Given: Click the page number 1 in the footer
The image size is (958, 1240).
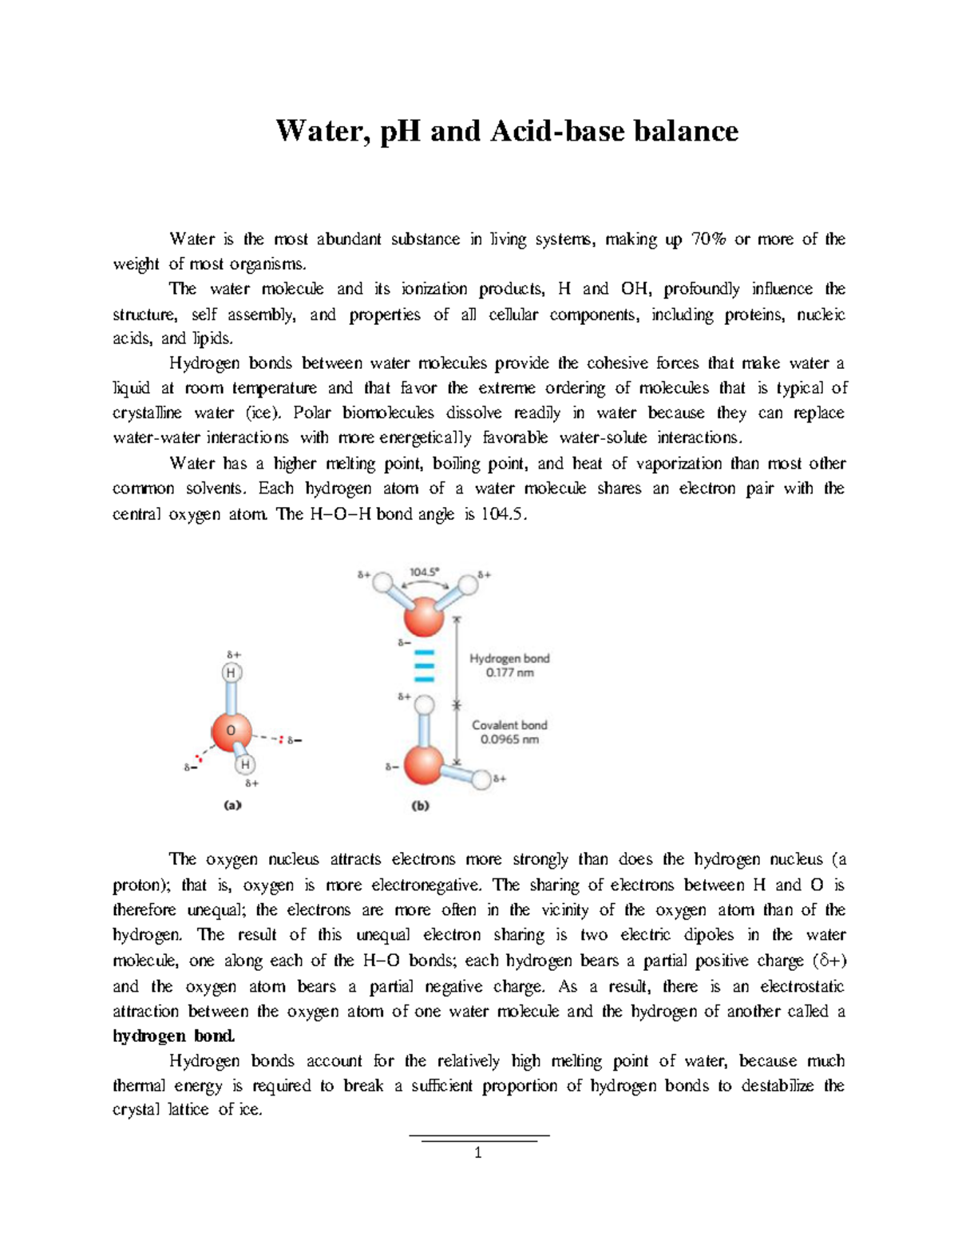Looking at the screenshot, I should [478, 1153].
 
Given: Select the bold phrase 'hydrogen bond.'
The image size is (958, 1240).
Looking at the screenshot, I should [174, 1036].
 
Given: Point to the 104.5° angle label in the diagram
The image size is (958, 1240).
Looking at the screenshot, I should [423, 572].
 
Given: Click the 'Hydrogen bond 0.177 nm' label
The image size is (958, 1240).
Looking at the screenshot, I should [509, 665].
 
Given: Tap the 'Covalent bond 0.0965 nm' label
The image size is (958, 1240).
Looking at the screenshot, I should [509, 732].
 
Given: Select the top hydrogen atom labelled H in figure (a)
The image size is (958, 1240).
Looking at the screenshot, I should [231, 673].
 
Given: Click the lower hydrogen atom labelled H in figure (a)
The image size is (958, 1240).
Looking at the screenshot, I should [245, 765].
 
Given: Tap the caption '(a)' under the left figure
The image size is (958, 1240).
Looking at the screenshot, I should [232, 806].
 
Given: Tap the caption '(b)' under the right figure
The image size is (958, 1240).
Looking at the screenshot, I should [421, 806].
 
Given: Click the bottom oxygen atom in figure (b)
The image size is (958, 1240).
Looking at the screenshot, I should [424, 765].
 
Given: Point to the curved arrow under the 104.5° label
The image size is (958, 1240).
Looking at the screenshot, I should [423, 584].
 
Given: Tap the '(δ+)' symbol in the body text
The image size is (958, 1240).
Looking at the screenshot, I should [829, 961].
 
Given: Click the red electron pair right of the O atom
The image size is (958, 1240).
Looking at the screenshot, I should [280, 739].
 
